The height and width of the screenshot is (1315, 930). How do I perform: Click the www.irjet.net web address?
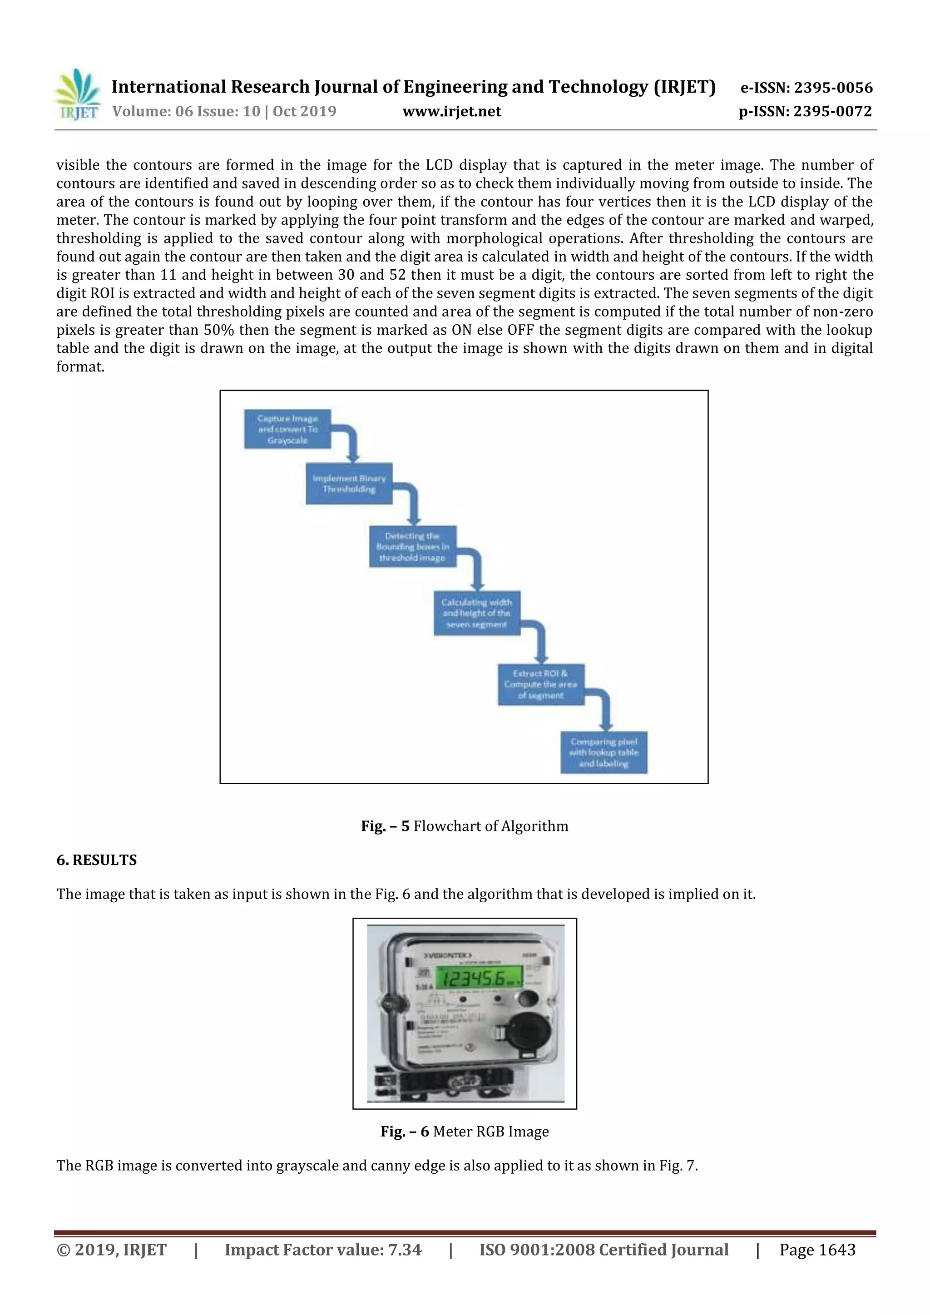(x=451, y=111)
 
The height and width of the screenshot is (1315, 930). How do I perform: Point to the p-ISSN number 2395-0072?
(x=833, y=111)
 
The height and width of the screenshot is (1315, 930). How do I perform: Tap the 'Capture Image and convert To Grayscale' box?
(x=287, y=429)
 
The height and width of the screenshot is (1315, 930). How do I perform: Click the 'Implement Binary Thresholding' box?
(x=349, y=484)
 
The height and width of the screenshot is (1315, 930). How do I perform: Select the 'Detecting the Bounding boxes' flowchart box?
(x=412, y=546)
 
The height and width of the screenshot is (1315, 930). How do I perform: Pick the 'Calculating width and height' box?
(x=476, y=613)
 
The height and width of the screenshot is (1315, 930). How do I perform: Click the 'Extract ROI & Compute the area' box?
(x=540, y=684)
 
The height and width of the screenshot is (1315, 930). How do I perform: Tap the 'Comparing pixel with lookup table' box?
(x=604, y=752)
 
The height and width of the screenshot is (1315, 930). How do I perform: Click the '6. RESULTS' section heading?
(x=96, y=860)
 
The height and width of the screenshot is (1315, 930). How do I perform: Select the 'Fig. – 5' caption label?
(x=385, y=826)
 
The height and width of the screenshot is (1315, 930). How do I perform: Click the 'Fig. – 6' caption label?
(x=404, y=1131)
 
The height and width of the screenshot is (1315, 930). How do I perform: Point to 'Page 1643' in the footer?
(x=817, y=1249)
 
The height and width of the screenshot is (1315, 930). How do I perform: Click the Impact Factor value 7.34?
(x=404, y=1249)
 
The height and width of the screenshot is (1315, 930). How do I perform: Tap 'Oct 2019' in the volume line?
(x=304, y=111)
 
